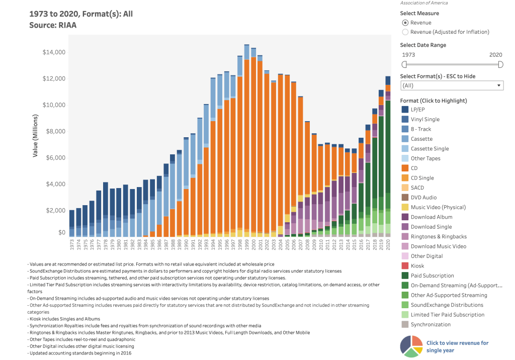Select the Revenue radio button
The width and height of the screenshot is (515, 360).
click(405, 23)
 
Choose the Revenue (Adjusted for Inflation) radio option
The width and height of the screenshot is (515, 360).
click(405, 32)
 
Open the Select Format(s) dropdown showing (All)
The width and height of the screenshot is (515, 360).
click(452, 85)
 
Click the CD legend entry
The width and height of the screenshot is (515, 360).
click(414, 168)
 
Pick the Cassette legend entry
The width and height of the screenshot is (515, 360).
click(421, 139)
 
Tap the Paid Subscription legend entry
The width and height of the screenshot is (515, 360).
click(432, 276)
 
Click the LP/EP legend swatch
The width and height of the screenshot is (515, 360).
click(405, 110)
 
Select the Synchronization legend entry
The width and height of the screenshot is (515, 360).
click(431, 324)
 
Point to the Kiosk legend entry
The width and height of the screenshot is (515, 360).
click(417, 266)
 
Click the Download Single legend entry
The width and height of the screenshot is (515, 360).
click(431, 227)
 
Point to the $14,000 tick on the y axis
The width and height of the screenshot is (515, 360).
click(55, 52)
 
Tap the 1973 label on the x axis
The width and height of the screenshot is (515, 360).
click(72, 245)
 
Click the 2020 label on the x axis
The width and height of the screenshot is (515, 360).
click(388, 245)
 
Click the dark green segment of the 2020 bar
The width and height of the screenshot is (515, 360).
click(388, 146)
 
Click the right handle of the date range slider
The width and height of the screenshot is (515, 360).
click(500, 64)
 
